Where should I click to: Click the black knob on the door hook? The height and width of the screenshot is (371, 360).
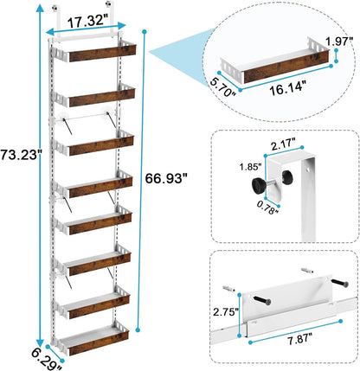260,185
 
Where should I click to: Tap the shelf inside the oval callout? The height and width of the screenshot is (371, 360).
277,66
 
